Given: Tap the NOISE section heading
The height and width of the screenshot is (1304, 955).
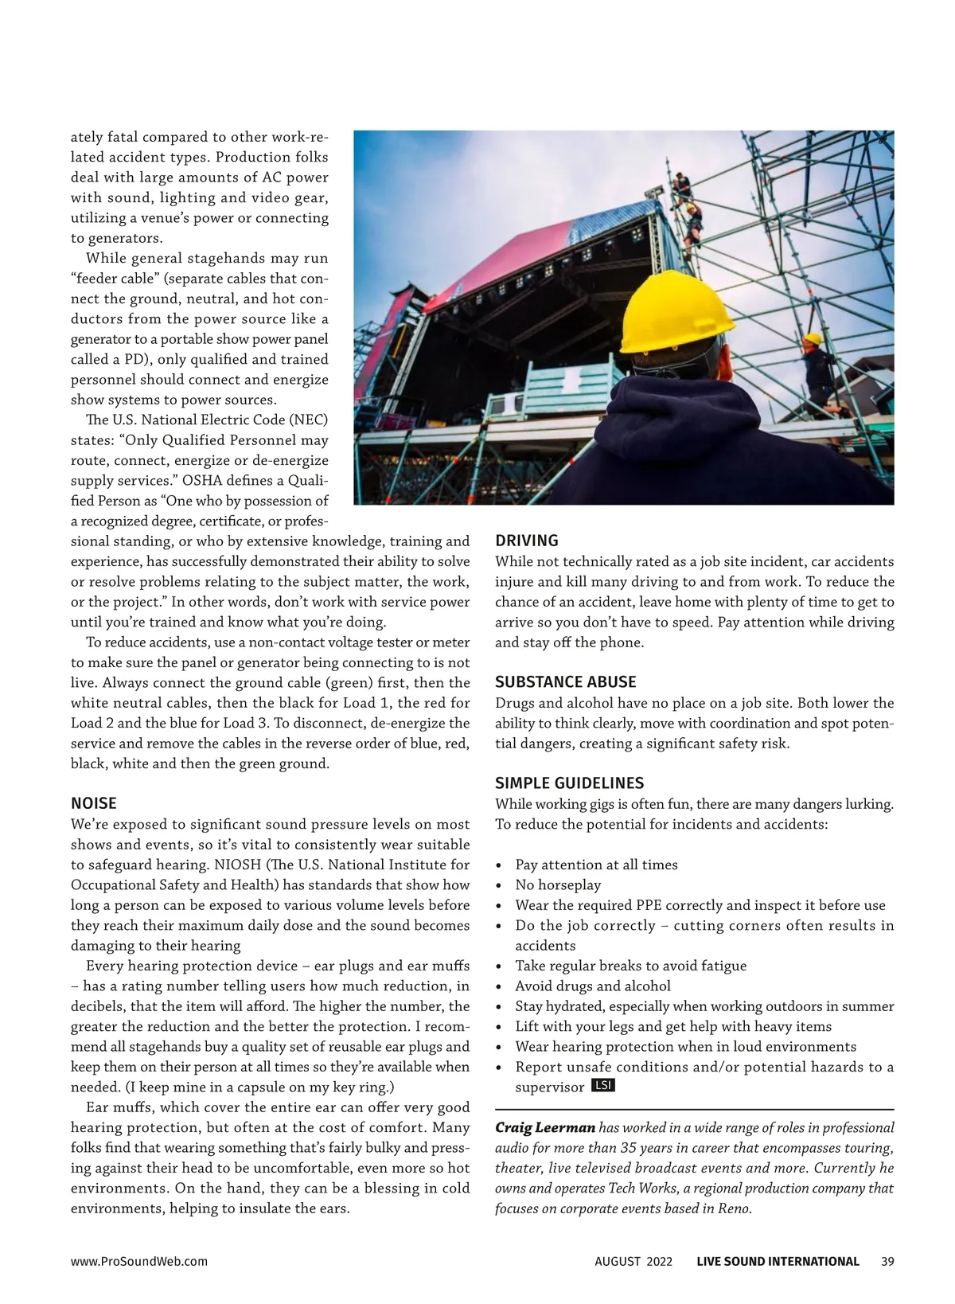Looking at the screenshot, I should pyautogui.click(x=94, y=802).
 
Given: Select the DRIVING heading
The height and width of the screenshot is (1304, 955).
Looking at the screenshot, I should pyautogui.click(x=527, y=541).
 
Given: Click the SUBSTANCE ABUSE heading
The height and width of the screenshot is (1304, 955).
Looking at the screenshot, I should pyautogui.click(x=566, y=681).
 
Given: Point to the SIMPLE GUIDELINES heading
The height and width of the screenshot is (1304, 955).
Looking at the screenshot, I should pyautogui.click(x=569, y=783).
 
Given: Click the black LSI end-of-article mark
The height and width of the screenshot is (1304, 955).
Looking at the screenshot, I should pyautogui.click(x=603, y=1086).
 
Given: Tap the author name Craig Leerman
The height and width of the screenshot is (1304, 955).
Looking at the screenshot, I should pyautogui.click(x=544, y=1127).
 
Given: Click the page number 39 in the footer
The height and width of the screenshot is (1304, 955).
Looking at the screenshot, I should pyautogui.click(x=888, y=1261).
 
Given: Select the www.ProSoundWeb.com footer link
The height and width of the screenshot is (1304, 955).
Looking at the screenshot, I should pyautogui.click(x=139, y=1261).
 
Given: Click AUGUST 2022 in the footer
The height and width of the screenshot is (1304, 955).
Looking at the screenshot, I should pyautogui.click(x=633, y=1261).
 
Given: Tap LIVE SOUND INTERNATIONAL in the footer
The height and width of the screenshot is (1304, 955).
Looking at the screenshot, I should pyautogui.click(x=778, y=1261).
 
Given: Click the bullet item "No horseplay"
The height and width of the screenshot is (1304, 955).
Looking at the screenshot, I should pyautogui.click(x=558, y=884).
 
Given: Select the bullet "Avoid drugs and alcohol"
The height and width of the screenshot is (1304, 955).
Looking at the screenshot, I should pyautogui.click(x=593, y=986).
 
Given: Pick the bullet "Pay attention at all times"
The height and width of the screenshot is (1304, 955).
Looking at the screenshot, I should pyautogui.click(x=597, y=865).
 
